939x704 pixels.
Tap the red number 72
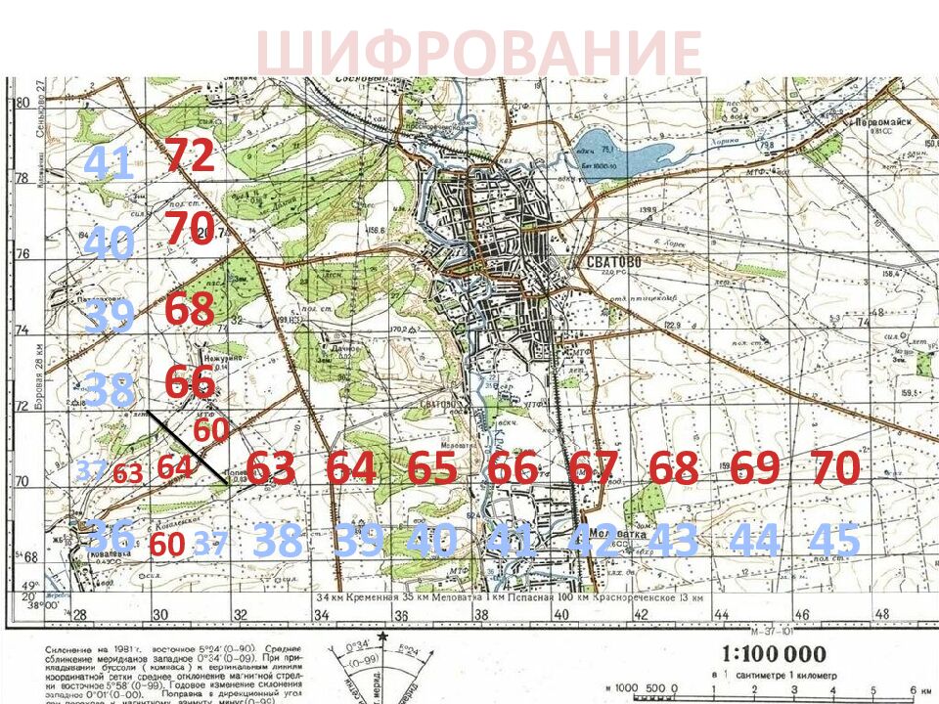click(x=189, y=155)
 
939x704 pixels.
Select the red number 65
click(x=432, y=468)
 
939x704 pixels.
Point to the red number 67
click(x=593, y=468)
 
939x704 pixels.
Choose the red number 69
click(x=754, y=468)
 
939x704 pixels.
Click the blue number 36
click(x=110, y=536)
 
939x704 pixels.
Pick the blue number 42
click(x=593, y=541)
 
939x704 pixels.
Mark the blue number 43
click(x=673, y=541)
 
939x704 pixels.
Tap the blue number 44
click(x=754, y=541)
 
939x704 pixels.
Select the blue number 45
click(x=834, y=541)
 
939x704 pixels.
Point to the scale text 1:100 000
click(x=773, y=654)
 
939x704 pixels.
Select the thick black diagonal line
click(x=188, y=448)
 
